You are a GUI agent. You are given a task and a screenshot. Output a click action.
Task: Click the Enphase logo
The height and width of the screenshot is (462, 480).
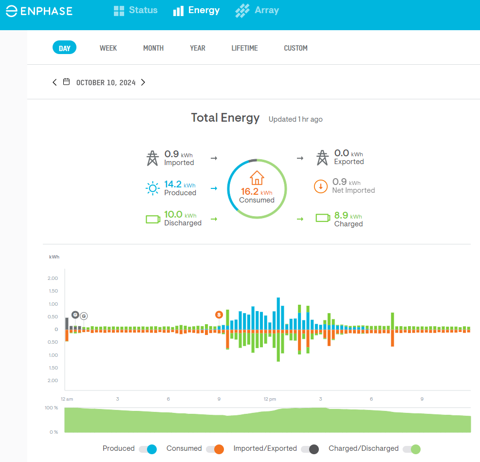[39, 11]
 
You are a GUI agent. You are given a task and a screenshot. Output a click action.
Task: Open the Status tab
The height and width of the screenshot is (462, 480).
[135, 10]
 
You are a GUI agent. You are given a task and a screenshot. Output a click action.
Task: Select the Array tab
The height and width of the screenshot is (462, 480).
[257, 10]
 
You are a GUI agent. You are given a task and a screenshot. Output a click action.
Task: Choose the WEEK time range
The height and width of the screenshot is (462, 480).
[108, 48]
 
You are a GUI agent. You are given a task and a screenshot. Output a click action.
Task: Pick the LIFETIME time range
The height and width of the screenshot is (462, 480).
[244, 48]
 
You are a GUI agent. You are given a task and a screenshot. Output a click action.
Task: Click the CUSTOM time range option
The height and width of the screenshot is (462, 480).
[295, 48]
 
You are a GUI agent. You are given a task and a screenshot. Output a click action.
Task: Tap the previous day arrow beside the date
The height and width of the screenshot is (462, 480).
[55, 82]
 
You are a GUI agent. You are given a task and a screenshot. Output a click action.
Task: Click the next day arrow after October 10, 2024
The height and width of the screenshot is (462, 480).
[143, 82]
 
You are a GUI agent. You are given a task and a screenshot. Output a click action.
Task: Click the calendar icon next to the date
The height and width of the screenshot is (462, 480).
[67, 82]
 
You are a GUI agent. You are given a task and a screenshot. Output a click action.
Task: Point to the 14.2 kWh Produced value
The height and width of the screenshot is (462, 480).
[173, 184]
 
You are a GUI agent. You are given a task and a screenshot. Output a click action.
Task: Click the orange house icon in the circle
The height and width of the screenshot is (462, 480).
[257, 178]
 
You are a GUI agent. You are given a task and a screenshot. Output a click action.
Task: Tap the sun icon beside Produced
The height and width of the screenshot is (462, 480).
[153, 188]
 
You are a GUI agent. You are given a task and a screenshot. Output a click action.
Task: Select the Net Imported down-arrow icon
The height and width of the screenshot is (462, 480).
[321, 186]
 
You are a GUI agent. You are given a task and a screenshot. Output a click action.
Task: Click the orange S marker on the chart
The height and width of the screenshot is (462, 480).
[219, 314]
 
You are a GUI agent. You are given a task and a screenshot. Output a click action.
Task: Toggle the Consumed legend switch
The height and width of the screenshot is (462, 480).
[215, 449]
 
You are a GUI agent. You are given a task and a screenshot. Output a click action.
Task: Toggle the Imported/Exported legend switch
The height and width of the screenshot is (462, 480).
[310, 449]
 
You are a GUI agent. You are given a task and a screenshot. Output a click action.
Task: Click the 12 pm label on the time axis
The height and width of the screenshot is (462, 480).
[270, 399]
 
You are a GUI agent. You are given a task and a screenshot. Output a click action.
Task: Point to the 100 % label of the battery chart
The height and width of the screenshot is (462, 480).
[52, 407]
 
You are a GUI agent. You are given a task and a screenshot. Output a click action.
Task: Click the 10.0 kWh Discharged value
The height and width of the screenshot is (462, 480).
[173, 214]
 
